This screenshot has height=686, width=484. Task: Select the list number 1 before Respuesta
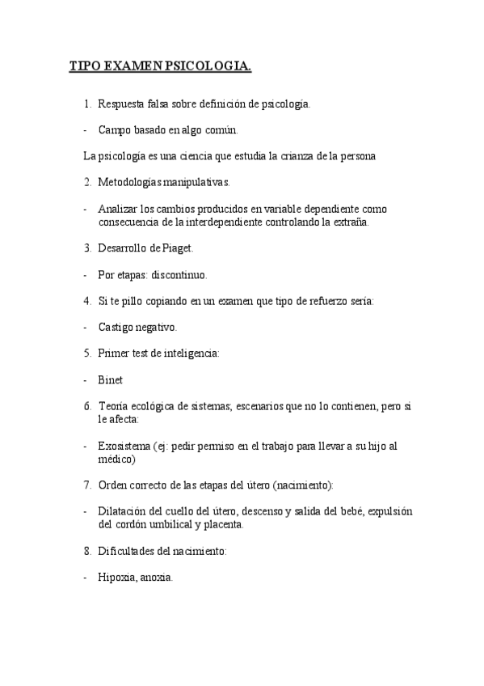87,104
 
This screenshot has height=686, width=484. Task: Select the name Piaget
175,248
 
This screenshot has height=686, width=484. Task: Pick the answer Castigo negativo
137,327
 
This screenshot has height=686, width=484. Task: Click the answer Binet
111,379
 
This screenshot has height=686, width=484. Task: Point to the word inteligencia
191,354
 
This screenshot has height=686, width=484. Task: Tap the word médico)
116,459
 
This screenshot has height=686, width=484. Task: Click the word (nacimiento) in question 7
303,485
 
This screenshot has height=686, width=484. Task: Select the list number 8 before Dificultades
87,551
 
